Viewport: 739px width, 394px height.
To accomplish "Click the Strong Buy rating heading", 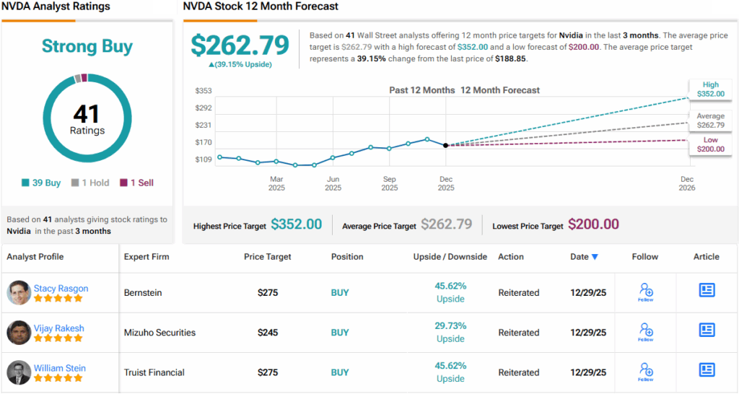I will [87, 47].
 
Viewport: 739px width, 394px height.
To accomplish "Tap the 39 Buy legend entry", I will [42, 183].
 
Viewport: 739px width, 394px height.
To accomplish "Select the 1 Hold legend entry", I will [90, 183].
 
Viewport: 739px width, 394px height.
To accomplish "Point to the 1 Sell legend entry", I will [136, 183].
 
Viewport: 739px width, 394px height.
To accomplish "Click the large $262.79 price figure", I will [240, 45].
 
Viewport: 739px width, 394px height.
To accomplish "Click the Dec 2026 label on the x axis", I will [686, 183].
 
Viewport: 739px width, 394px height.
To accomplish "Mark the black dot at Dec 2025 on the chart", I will [446, 145].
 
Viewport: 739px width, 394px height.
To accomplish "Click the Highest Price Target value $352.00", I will [296, 224].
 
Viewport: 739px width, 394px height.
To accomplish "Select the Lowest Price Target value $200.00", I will [593, 224].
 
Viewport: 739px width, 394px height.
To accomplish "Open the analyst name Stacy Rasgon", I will [61, 288].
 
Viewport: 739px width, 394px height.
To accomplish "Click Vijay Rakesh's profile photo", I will [19, 333].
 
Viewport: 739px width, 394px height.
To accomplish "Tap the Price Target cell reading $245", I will [267, 333].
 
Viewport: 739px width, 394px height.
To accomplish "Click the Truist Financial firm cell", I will [154, 372].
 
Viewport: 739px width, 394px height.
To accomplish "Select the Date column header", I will [584, 256].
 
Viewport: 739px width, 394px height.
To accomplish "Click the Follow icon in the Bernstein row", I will [645, 292].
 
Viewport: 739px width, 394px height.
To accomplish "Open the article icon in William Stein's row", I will [707, 369].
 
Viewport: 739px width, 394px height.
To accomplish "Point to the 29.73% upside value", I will [450, 325].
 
